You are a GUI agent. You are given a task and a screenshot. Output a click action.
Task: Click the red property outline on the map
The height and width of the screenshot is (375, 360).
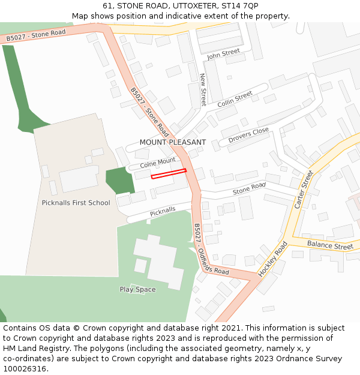[x=169, y=174]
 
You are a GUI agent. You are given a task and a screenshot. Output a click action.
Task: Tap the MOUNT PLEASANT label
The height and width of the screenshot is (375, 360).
[x=173, y=142]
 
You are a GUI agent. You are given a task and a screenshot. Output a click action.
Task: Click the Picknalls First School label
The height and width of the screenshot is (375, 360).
[x=76, y=203]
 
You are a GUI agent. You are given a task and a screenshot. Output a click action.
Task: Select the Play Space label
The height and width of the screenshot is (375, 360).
[x=137, y=290]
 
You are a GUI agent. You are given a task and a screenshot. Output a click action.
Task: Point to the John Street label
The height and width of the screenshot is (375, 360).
[x=223, y=54]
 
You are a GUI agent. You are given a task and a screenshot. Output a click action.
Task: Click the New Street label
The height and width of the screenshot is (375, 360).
[x=203, y=89]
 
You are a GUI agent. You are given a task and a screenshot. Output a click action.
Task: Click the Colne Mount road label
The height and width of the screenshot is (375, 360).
[x=158, y=163]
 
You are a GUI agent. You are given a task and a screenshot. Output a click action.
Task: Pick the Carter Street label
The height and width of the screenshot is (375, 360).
[x=304, y=190]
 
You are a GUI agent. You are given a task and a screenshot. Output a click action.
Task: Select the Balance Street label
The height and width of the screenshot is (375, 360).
[x=330, y=246]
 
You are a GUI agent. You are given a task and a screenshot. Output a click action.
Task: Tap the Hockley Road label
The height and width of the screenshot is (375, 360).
[x=273, y=259]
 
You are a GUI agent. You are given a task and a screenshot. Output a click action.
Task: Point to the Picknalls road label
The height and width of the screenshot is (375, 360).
[x=163, y=211]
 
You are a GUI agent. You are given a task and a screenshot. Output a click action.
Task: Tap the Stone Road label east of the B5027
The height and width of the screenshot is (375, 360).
[x=249, y=189]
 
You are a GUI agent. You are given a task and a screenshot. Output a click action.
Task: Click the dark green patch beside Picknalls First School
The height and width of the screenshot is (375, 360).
[x=118, y=181]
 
